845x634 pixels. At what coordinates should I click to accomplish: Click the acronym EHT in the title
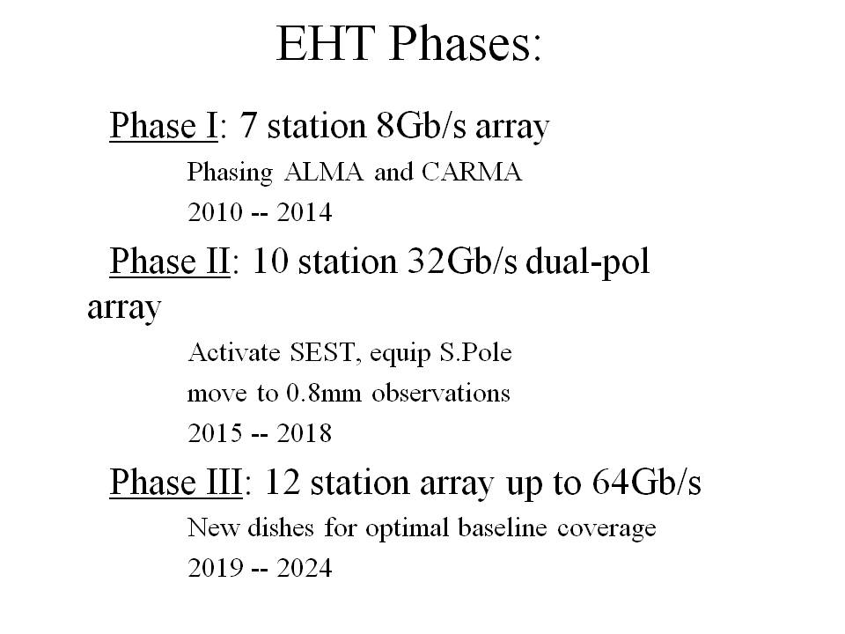[x=326, y=43]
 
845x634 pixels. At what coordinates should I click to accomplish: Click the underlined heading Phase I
[x=164, y=126]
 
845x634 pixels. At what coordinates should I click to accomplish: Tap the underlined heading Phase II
[x=170, y=262]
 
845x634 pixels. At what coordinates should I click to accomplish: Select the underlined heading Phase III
[x=176, y=482]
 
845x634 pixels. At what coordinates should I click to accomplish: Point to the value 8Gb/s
[x=422, y=126]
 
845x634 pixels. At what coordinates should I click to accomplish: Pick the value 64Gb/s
[x=646, y=482]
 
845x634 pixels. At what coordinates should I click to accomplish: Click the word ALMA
[x=323, y=172]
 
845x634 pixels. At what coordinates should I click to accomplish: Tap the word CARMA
[x=472, y=172]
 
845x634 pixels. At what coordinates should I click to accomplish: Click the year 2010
[x=215, y=212]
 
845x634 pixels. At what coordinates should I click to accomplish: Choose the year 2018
[x=305, y=433]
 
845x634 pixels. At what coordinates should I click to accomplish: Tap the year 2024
[x=305, y=568]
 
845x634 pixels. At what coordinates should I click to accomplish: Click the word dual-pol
[x=587, y=262]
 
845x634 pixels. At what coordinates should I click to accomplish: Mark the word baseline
[x=503, y=527]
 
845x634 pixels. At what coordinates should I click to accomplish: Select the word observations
[x=441, y=394]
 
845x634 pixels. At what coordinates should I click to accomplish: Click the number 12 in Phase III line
[x=283, y=482]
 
